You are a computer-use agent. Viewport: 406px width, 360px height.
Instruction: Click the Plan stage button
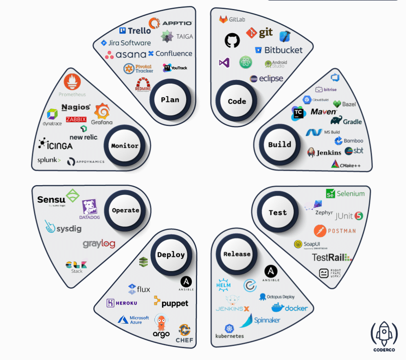click(x=170, y=100)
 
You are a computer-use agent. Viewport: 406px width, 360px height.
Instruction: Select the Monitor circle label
click(x=125, y=146)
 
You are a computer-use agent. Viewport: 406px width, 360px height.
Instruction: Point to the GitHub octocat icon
click(x=232, y=40)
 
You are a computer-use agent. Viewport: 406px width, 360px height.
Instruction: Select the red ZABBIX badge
click(x=76, y=119)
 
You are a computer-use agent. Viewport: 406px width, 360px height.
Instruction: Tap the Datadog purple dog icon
click(x=89, y=208)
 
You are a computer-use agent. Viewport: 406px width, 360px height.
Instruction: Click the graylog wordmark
click(x=99, y=244)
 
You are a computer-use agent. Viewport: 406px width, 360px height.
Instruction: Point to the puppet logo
click(x=171, y=303)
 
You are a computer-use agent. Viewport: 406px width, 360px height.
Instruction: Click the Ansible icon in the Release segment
click(x=271, y=272)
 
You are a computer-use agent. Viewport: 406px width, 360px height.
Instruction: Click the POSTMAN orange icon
click(x=320, y=231)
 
